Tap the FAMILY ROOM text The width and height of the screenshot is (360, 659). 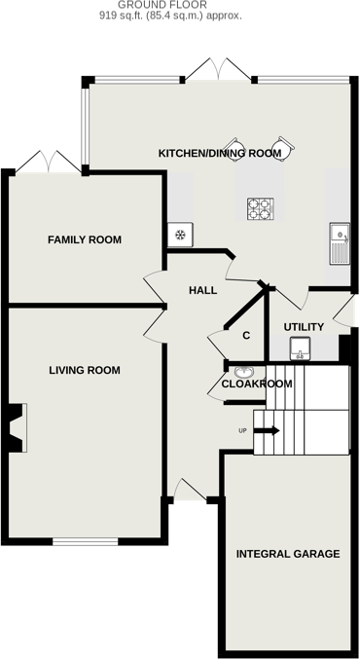[85, 239]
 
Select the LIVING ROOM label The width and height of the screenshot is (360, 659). [85, 370]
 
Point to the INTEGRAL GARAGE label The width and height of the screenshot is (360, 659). [288, 554]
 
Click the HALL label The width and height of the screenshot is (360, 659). [202, 290]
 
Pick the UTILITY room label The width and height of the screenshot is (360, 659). [303, 326]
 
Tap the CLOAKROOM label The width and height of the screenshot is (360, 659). [257, 384]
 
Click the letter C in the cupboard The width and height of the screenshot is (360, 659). [246, 336]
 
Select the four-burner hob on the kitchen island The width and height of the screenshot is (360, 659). [260, 208]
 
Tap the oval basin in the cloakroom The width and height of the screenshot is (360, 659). [243, 371]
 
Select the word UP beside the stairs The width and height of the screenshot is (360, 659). [243, 430]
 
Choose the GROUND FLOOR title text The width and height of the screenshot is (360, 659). [179, 5]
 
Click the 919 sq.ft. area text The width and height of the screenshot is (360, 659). [179, 17]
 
